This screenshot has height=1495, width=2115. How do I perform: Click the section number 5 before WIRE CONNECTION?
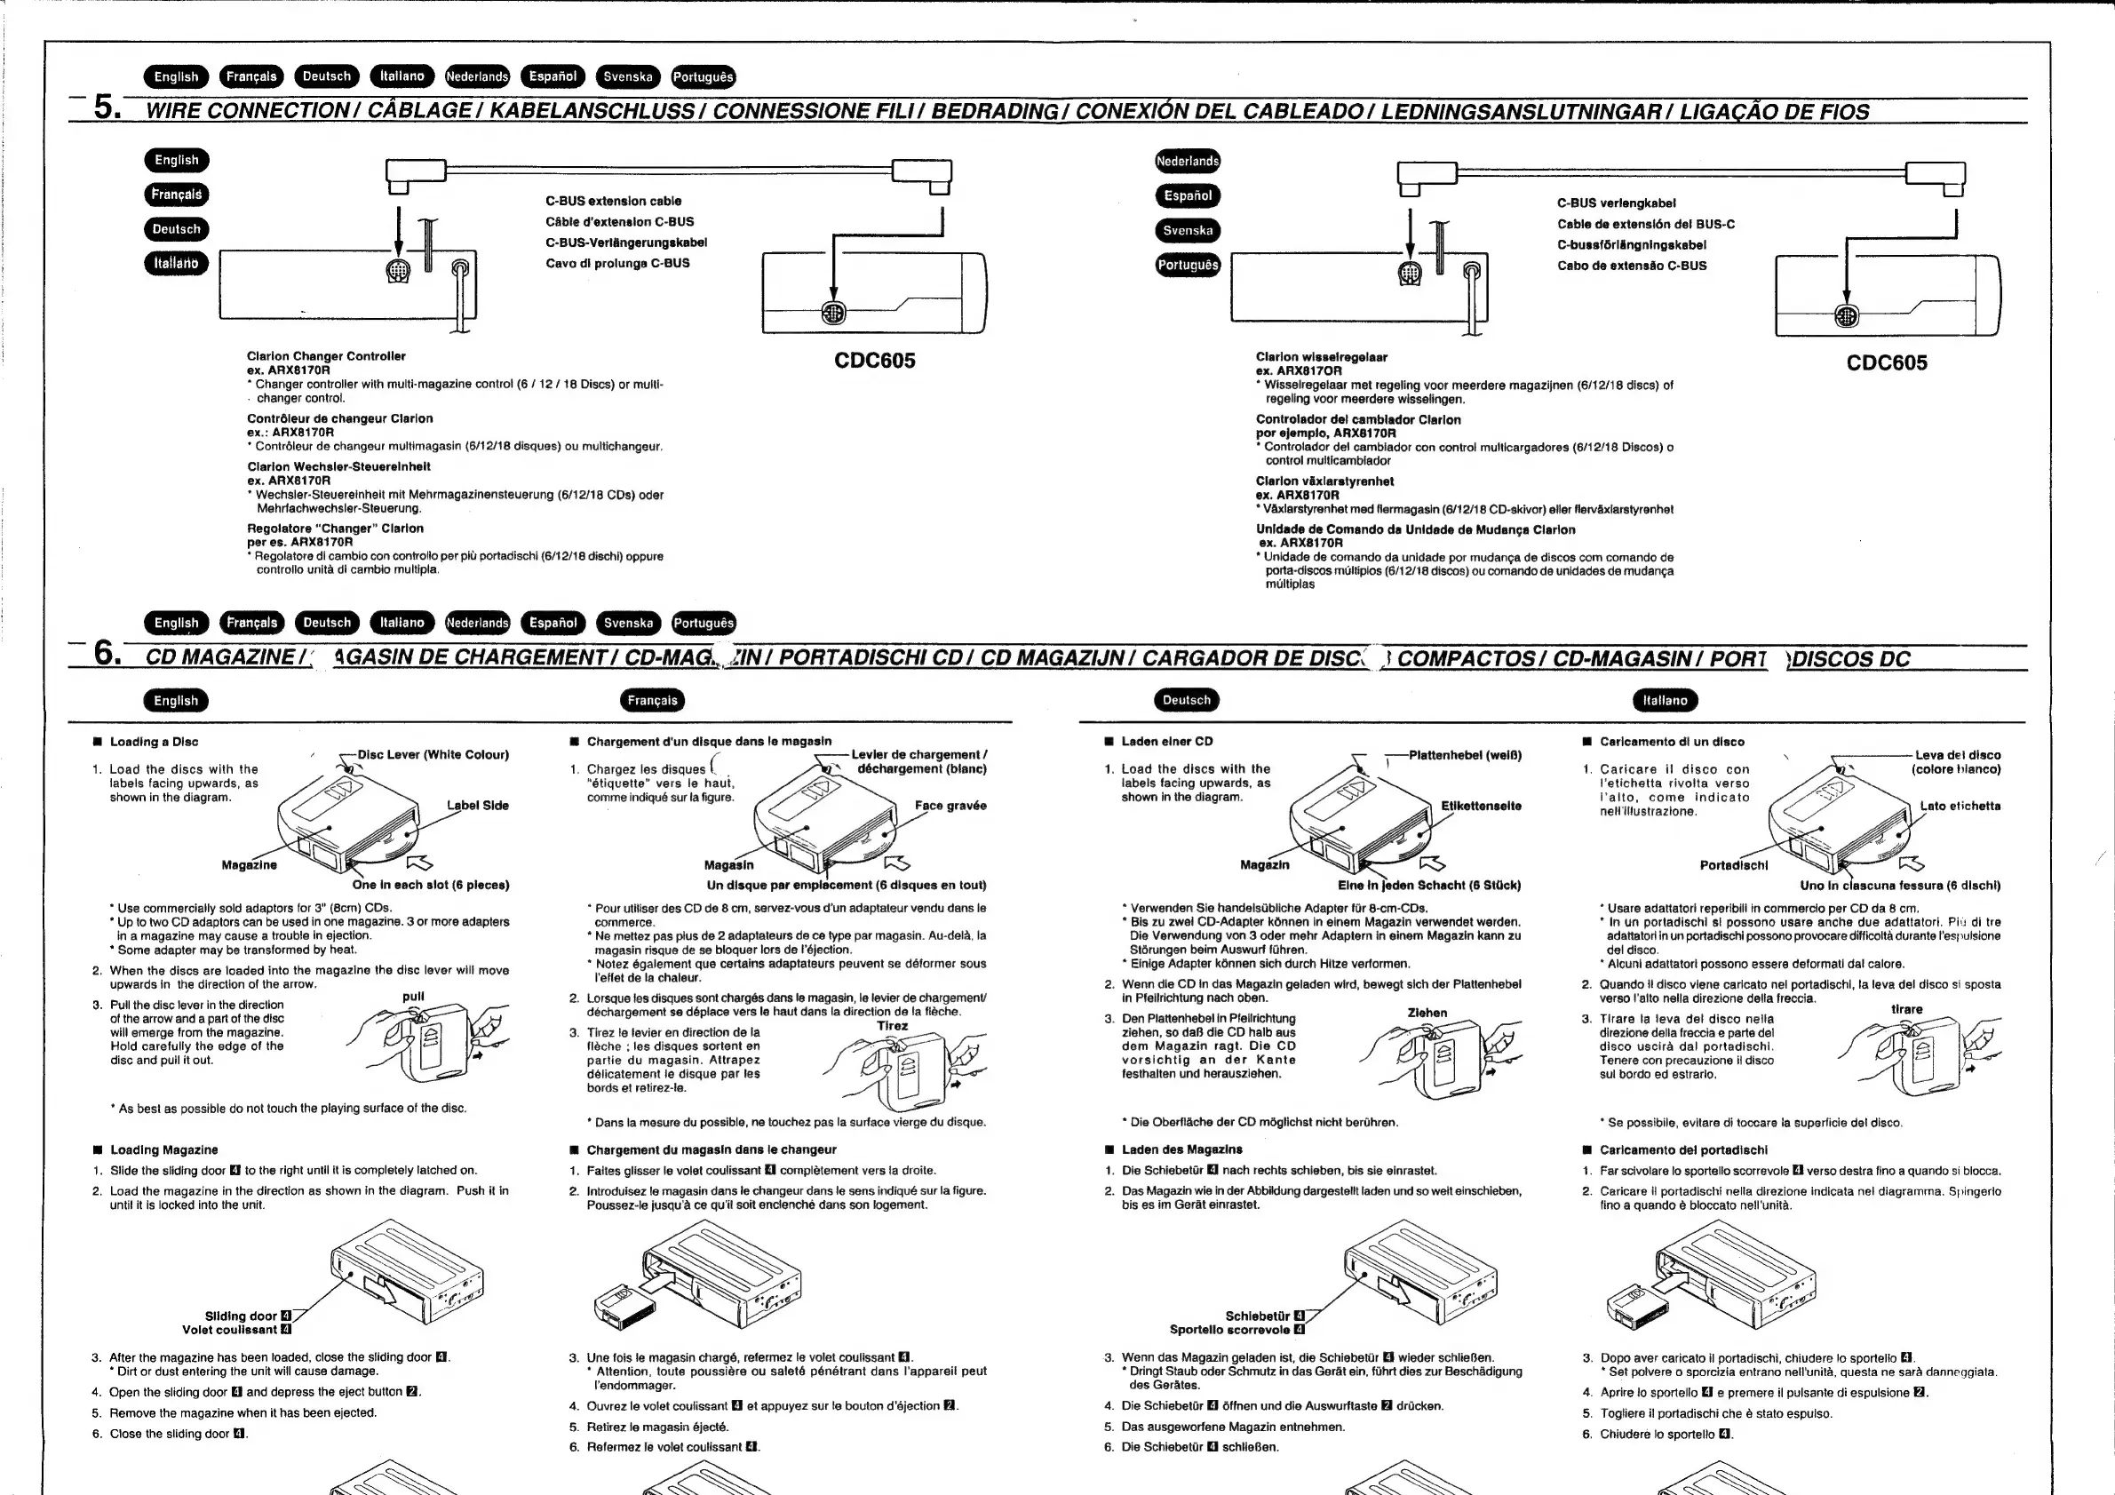point(107,107)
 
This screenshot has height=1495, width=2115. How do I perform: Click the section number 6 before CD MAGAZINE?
point(107,653)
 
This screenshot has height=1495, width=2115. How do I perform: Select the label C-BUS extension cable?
point(614,201)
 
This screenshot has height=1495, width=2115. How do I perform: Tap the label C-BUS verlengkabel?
point(1617,203)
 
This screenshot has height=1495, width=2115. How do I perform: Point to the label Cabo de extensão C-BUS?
point(1633,266)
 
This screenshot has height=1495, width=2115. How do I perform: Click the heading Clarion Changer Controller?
point(326,356)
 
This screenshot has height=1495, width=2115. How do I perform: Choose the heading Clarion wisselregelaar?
point(1322,357)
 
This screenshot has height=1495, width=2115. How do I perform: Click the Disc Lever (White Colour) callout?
point(433,755)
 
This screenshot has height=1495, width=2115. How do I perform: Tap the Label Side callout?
point(477,806)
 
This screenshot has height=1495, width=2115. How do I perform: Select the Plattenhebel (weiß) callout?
point(1466,755)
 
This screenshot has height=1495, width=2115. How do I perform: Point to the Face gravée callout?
point(950,806)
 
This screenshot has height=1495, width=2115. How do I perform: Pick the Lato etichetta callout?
point(1960,807)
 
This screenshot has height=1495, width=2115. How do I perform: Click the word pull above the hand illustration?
point(414,997)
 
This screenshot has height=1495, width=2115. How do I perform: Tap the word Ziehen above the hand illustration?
point(1427,1014)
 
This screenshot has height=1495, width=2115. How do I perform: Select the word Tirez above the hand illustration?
point(893,1026)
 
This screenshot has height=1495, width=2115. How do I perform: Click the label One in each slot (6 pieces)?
point(430,886)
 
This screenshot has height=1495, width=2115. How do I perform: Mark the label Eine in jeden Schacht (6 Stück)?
point(1429,887)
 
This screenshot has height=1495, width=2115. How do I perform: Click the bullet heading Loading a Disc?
point(154,743)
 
